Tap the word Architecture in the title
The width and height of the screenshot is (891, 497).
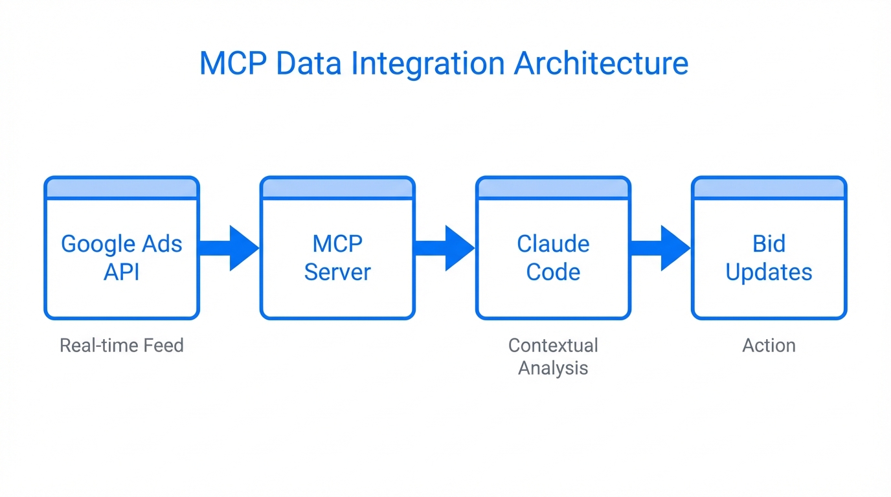[x=601, y=64]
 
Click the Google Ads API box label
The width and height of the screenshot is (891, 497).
[x=122, y=258]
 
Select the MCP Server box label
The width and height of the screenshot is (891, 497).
[x=337, y=258]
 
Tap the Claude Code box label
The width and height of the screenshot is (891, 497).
[x=553, y=258]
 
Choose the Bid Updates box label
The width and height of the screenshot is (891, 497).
[x=769, y=258]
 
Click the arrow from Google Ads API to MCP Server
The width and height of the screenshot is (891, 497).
[x=229, y=248]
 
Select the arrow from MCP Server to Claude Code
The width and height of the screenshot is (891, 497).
[x=445, y=248]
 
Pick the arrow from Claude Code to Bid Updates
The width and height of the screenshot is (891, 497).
[x=660, y=248]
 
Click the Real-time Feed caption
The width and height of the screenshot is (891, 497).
[x=122, y=346]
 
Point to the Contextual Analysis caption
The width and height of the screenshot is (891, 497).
[x=553, y=357]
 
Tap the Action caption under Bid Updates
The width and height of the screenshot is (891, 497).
[x=769, y=346]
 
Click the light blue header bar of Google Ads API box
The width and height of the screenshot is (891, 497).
[x=122, y=188]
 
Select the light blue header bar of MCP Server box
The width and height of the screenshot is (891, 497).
[x=337, y=188]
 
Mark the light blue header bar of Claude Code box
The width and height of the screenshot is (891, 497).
[x=553, y=188]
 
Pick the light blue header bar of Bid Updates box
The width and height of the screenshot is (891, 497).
[x=769, y=188]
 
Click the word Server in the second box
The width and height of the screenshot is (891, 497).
[x=337, y=272]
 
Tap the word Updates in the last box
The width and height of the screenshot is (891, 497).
[x=769, y=272]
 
